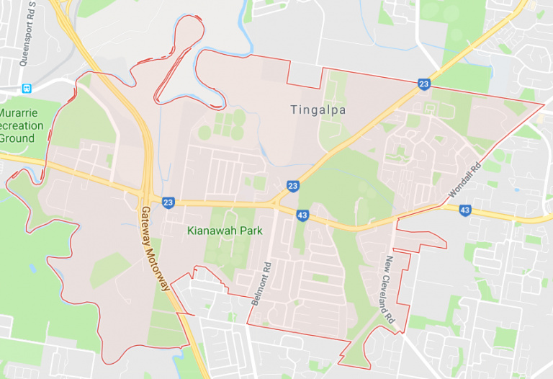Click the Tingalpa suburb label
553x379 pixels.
click(318, 110)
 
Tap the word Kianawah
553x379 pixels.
click(208, 231)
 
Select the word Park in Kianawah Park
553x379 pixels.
click(248, 231)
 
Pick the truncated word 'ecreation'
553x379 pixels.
click(22, 125)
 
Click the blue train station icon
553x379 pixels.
click(27, 89)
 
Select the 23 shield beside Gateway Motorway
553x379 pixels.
click(168, 202)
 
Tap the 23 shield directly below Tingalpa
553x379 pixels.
click(292, 186)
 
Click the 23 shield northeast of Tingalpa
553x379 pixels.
click(424, 85)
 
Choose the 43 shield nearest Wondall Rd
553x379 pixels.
click(465, 210)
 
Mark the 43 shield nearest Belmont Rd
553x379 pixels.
click(302, 215)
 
